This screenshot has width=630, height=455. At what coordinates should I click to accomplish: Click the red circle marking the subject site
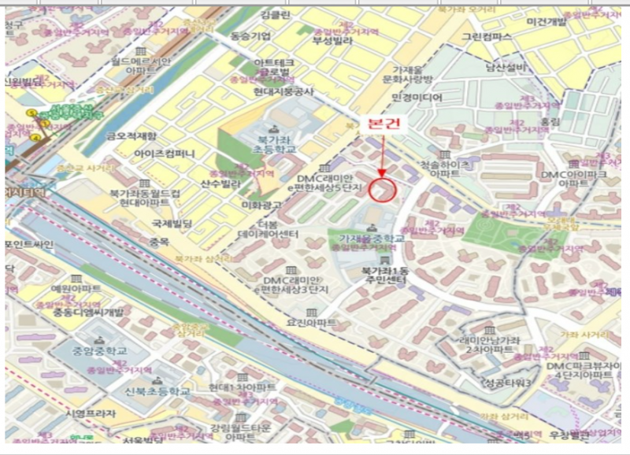click(x=382, y=190)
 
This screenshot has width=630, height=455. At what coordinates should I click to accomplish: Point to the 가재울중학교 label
click(x=372, y=239)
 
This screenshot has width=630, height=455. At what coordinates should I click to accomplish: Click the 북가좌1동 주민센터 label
click(x=384, y=275)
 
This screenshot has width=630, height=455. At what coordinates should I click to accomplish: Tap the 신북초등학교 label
click(x=157, y=391)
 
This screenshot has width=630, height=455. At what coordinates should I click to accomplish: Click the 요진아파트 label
click(x=310, y=322)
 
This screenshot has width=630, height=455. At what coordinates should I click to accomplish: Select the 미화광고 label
click(x=261, y=205)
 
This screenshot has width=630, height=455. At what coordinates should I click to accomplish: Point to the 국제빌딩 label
click(x=177, y=223)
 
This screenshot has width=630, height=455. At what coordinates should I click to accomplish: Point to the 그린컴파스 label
click(x=487, y=37)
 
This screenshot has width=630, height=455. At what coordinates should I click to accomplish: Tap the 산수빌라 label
click(x=220, y=183)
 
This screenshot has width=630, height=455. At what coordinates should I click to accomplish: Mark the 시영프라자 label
click(x=91, y=413)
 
